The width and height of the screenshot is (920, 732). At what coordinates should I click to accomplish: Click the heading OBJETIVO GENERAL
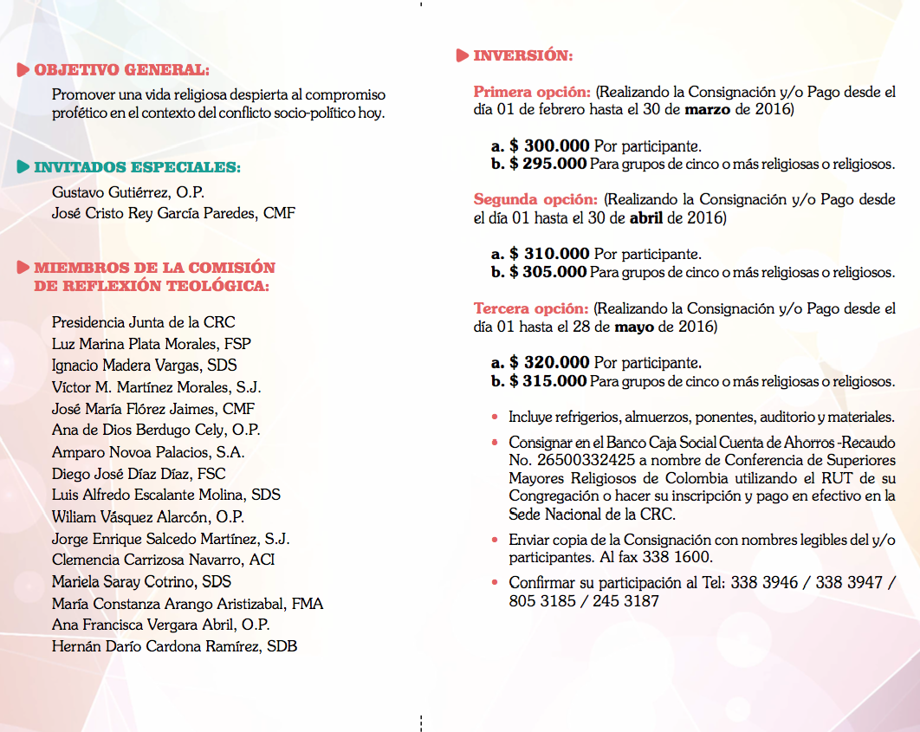(121, 69)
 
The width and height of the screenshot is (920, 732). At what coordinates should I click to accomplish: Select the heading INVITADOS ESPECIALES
(137, 167)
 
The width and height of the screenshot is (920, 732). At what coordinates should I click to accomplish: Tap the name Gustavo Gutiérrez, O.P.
(128, 191)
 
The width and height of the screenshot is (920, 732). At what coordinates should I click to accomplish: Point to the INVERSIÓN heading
(522, 55)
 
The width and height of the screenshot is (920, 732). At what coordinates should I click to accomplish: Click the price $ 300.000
(549, 146)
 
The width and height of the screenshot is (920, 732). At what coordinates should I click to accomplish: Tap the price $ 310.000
(549, 254)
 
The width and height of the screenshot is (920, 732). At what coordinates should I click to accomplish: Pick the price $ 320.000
(549, 362)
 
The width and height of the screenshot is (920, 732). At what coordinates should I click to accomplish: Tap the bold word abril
(645, 218)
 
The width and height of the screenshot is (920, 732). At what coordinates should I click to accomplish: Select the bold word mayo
(634, 327)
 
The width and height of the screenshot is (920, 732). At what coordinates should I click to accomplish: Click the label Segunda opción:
(535, 199)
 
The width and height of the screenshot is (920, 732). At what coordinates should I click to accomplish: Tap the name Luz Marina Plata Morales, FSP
(152, 344)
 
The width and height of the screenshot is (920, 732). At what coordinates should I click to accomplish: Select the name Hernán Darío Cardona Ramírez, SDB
(174, 646)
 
